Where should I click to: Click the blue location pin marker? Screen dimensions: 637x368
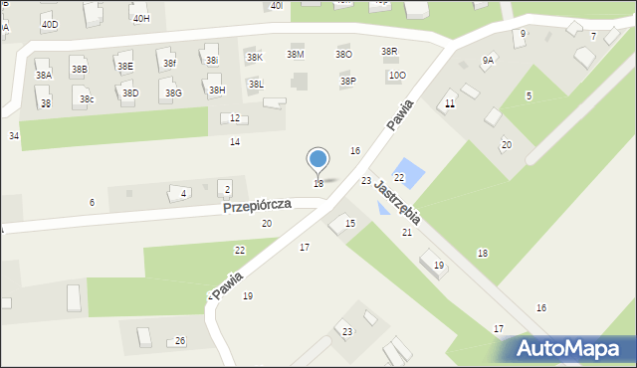(x=318, y=159)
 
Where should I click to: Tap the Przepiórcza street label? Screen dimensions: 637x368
(x=257, y=204)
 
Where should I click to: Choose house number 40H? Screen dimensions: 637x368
(x=141, y=18)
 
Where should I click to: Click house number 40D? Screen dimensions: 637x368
(x=49, y=23)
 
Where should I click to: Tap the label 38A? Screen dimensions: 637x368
(x=44, y=75)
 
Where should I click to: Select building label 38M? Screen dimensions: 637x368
(x=296, y=54)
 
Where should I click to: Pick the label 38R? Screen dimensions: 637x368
(x=389, y=51)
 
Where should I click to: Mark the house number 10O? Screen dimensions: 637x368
(x=397, y=75)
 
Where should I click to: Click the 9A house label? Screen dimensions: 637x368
(x=488, y=60)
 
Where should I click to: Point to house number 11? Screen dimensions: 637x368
(x=450, y=103)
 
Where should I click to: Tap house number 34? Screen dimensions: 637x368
(x=14, y=135)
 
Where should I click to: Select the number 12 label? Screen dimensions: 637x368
(x=235, y=118)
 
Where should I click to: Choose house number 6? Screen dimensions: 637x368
(x=92, y=202)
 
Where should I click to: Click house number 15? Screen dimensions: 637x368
(x=350, y=224)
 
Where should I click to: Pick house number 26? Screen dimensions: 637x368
(x=180, y=341)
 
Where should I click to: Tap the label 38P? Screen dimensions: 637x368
(x=347, y=81)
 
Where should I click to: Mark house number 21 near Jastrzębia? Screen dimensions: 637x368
(x=407, y=232)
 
